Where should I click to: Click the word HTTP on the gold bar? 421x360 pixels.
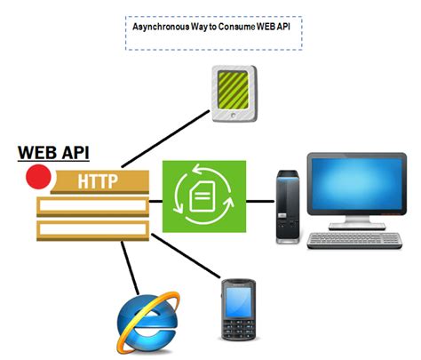point(97,181)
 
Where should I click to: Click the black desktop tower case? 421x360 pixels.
point(289,204)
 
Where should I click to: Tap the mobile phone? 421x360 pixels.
point(238,310)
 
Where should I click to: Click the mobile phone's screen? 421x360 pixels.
point(238,301)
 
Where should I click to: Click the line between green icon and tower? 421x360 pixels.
point(259,200)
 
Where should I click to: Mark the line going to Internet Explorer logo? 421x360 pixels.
point(129,266)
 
